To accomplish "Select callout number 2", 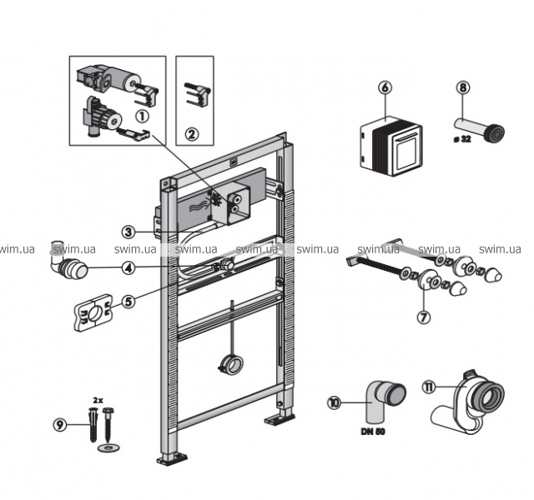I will coord(193,132).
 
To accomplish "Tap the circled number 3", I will coord(128,232).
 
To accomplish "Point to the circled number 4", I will coord(128,268).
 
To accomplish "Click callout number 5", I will coord(128,302).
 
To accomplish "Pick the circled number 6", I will coord(385,87).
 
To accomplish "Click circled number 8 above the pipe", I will coord(464,87).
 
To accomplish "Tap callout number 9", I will coord(60,424).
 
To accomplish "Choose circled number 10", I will coord(335,402).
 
